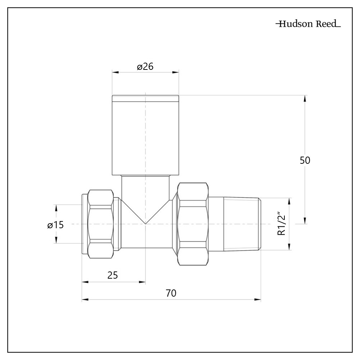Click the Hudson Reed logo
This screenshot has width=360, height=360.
click(x=308, y=24)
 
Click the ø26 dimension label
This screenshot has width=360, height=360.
click(x=145, y=67)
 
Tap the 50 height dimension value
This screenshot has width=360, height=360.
click(x=305, y=160)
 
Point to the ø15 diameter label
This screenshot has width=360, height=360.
click(x=55, y=225)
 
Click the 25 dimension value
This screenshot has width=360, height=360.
click(x=113, y=275)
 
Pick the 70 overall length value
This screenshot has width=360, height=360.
click(x=171, y=293)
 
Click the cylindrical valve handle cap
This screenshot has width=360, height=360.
click(x=145, y=137)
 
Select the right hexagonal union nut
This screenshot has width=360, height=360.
click(x=193, y=224)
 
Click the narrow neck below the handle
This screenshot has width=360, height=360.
click(x=145, y=185)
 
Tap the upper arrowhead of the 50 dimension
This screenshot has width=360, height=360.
click(x=305, y=98)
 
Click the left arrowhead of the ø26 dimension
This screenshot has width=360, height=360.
click(x=115, y=72)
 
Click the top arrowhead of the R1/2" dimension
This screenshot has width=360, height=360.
click(x=289, y=201)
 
